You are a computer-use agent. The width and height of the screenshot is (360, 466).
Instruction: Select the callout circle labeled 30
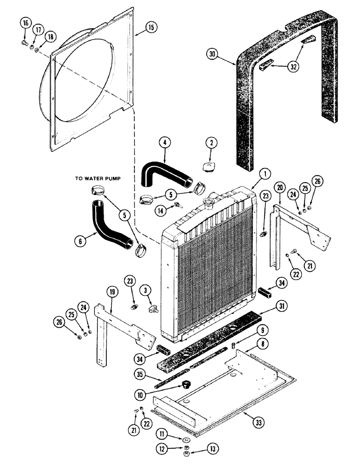pos(212,55)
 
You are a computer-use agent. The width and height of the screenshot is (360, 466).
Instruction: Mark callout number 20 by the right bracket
pos(279,187)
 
